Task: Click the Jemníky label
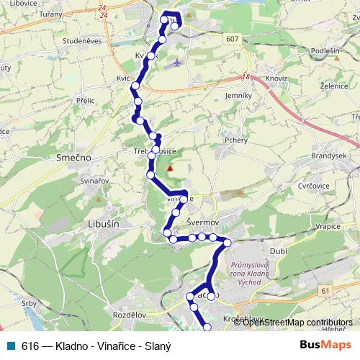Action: click(237, 95)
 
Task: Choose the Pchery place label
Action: click(236, 140)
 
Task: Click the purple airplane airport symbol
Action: click(177, 63)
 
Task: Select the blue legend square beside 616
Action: click(11, 344)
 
